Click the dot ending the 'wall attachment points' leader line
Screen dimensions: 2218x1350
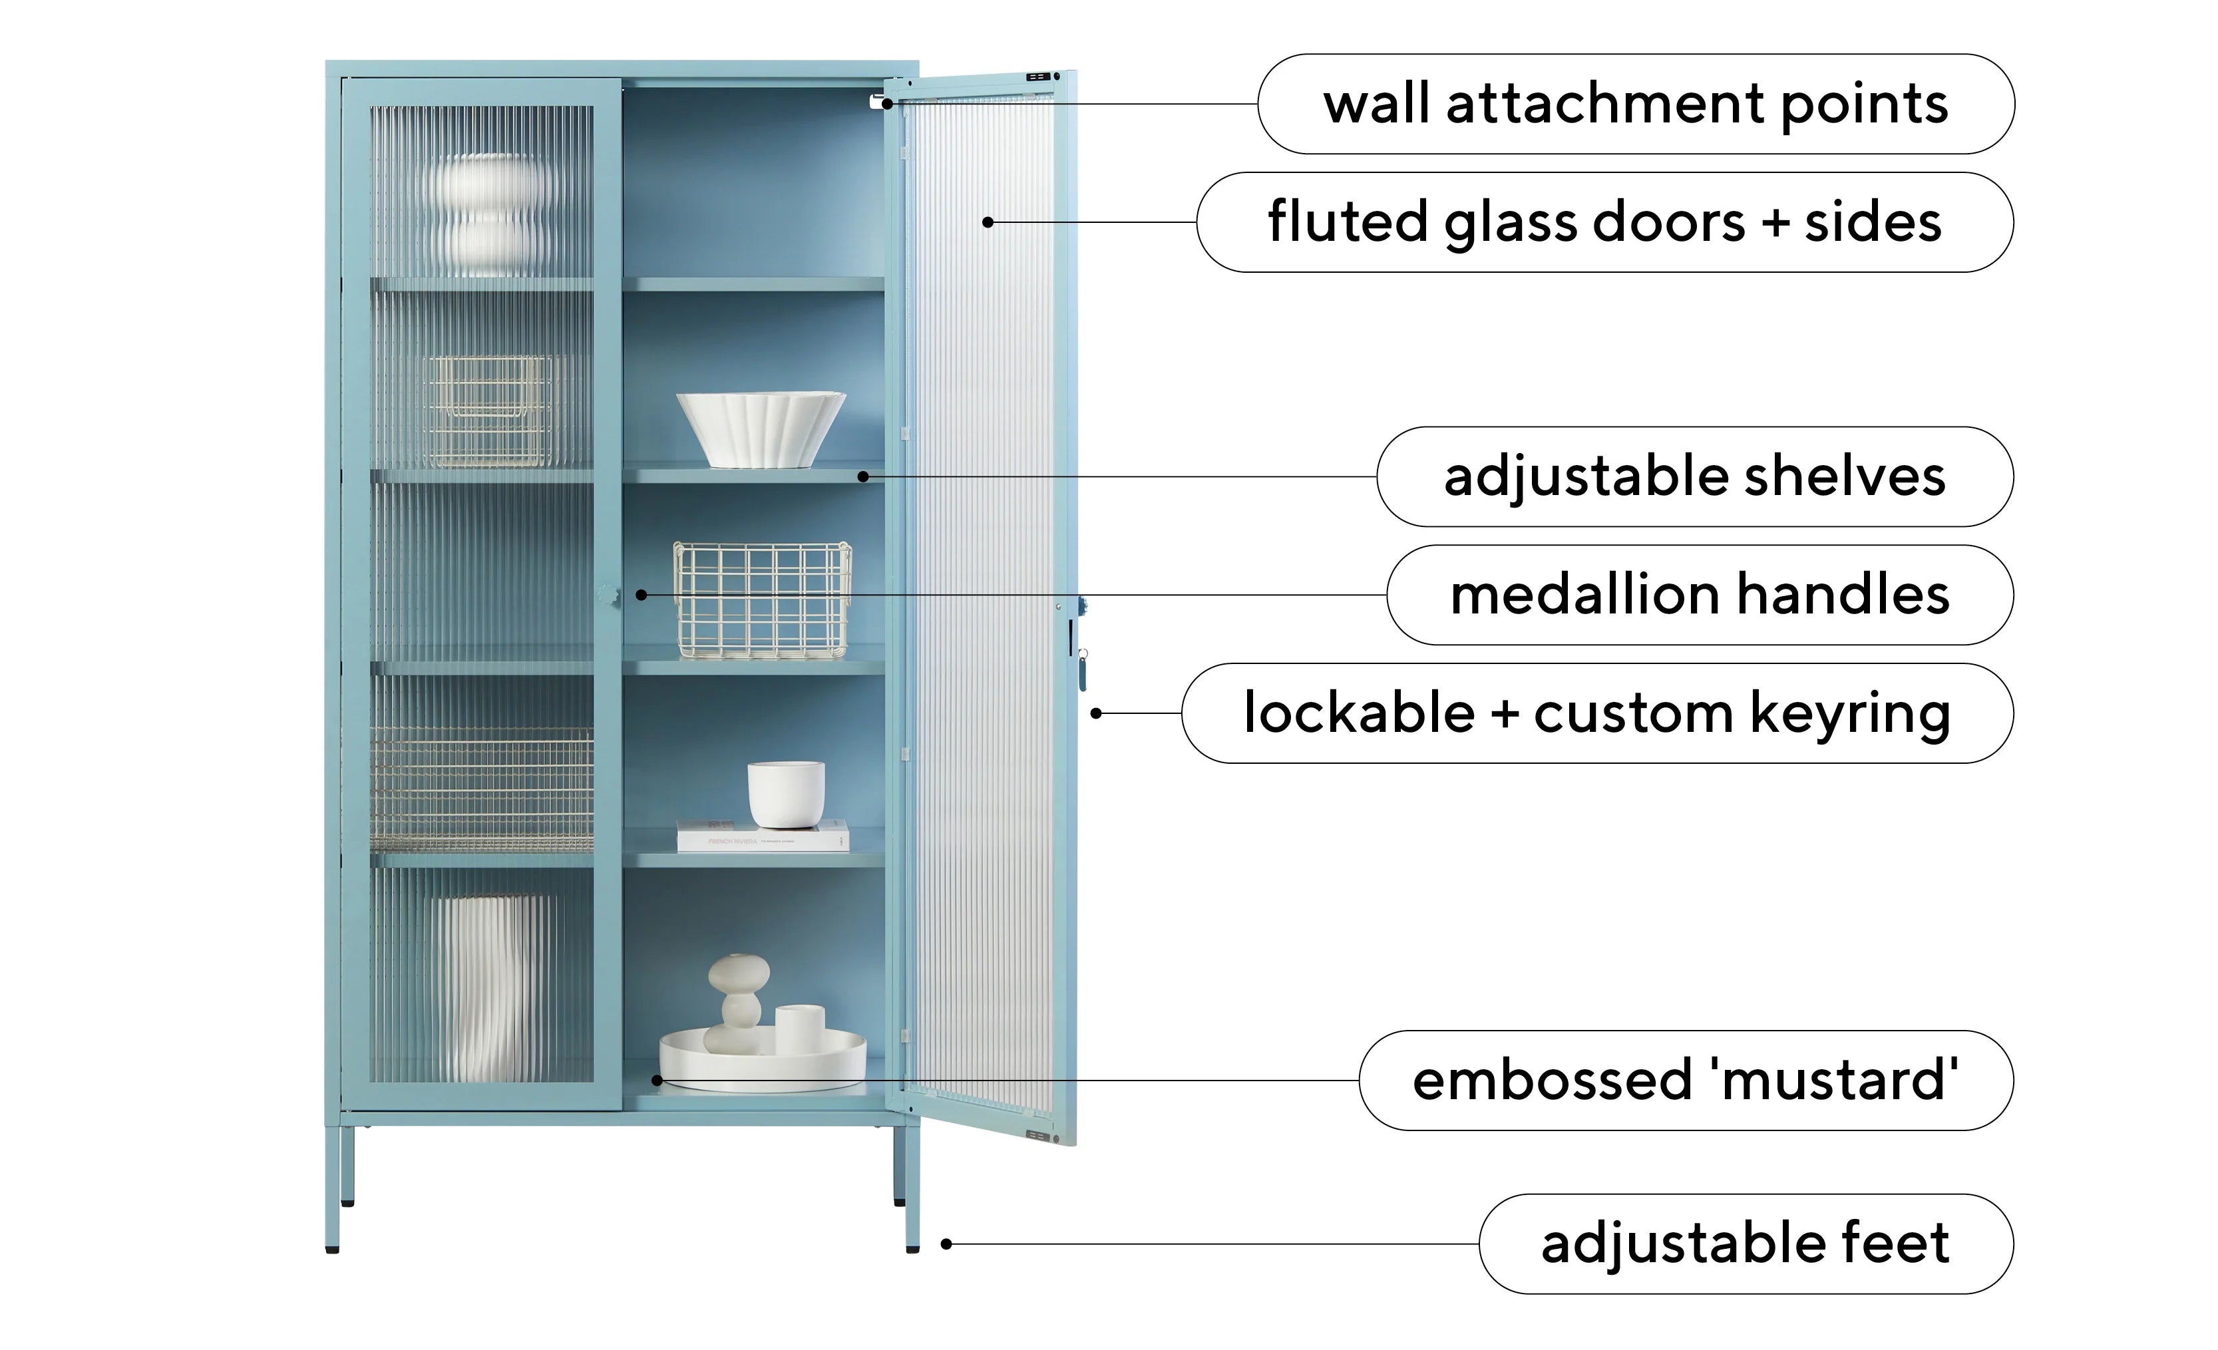pos(886,104)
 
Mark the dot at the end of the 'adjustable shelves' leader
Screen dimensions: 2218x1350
pos(862,476)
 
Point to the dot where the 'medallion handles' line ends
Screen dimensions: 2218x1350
pos(641,595)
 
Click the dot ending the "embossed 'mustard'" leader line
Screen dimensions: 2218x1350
pos(657,1080)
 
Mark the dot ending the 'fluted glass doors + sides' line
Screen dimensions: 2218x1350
pos(988,222)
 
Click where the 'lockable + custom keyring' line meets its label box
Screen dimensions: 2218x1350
pos(1182,713)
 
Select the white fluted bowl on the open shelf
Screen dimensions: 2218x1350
pos(761,429)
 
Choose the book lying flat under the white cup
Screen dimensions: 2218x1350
pos(763,836)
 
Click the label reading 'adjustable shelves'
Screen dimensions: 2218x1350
pos(1695,477)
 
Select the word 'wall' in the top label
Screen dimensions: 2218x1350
pos(1376,104)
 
